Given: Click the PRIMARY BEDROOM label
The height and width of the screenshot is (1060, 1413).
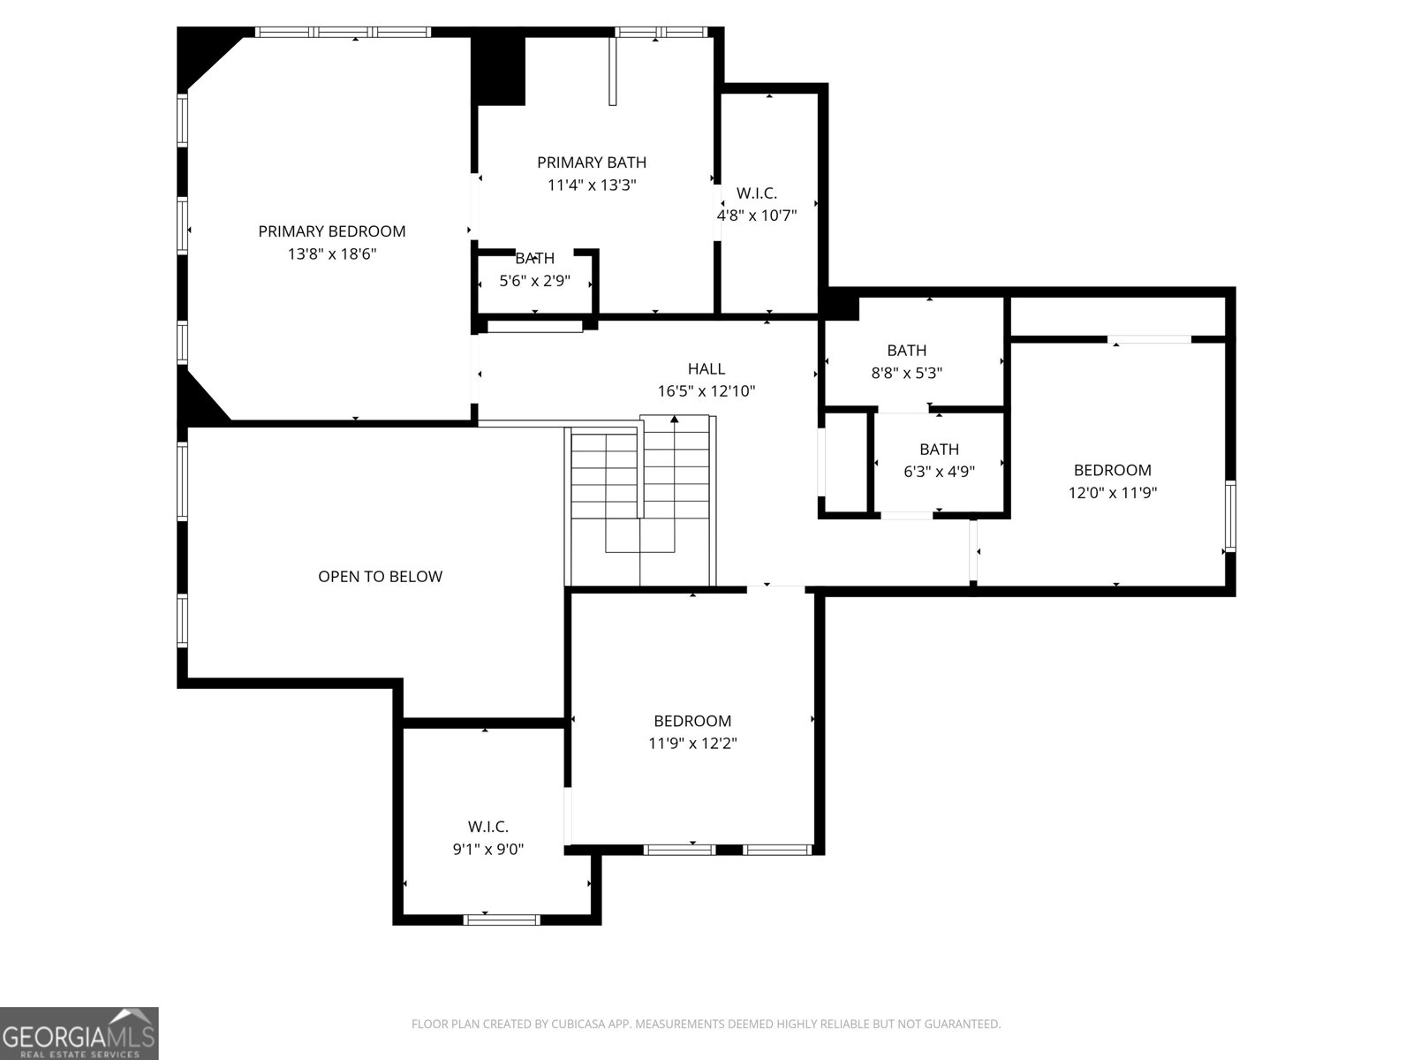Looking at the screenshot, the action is click(331, 231).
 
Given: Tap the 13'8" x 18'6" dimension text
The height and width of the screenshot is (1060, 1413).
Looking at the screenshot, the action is click(331, 254).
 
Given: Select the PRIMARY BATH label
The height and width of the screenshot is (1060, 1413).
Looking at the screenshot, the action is click(592, 163).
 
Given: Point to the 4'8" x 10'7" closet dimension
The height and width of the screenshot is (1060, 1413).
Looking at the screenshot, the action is click(757, 216).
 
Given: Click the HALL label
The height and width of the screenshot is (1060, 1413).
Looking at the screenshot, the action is click(706, 368).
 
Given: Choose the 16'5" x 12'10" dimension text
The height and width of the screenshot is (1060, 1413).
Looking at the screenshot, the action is click(706, 391).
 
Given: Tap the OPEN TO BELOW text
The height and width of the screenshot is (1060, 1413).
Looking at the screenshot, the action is click(381, 577).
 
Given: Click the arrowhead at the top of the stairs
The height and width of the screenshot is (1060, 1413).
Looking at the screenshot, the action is click(674, 419).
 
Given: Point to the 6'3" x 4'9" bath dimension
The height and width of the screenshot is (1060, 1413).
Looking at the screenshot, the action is click(940, 472).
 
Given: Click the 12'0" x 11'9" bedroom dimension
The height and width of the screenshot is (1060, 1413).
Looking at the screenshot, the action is click(1113, 493).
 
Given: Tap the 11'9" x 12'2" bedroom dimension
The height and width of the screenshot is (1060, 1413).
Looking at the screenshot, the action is click(692, 744).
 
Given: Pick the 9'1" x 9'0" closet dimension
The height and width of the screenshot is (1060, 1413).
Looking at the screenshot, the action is click(488, 850).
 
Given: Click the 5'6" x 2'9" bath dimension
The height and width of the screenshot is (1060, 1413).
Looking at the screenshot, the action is click(535, 281).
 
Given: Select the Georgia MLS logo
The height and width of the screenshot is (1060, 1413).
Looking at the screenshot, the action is click(79, 1033).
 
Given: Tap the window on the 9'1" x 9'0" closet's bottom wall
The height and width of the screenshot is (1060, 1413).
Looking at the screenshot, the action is click(502, 920).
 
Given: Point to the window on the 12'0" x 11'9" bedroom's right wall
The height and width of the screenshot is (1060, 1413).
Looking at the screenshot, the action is click(1230, 516).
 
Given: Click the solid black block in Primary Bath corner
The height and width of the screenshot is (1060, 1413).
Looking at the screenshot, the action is click(499, 70).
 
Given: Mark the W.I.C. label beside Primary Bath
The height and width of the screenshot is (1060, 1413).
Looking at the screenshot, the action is click(757, 193).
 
